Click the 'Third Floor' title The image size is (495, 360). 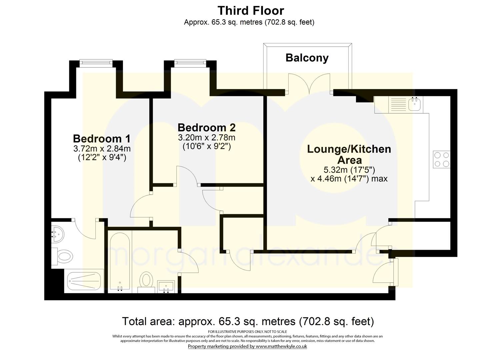tap(251, 11)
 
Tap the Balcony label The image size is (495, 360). tap(307, 58)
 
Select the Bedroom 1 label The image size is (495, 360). tap(102, 139)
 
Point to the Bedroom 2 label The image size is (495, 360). tap(207, 128)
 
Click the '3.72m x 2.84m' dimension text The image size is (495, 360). tap(102, 149)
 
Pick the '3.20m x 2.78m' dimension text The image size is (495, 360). tap(207, 137)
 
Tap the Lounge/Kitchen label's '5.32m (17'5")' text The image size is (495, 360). tap(349, 170)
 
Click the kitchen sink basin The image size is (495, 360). tap(414, 104)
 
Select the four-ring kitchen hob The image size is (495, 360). tap(442, 159)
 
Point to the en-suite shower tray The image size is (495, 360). tap(84, 281)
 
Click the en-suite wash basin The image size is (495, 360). tap(57, 234)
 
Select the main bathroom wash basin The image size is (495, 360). tap(166, 286)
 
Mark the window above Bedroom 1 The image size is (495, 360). tap(96, 62)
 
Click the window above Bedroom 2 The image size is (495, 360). tap(190, 62)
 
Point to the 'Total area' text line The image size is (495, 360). tap(248, 322)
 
